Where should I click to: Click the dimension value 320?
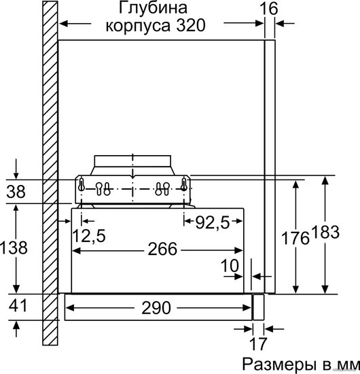(x=190, y=25)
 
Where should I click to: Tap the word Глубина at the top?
(x=152, y=8)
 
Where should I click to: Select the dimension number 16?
(x=268, y=9)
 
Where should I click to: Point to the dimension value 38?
(x=16, y=191)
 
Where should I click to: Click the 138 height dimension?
(x=14, y=248)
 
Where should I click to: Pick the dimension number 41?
(x=18, y=305)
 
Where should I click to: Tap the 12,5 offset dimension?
(x=89, y=236)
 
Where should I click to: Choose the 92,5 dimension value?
(x=213, y=223)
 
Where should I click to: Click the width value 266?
(x=162, y=249)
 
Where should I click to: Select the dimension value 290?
(x=156, y=307)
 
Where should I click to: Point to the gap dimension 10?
(x=230, y=265)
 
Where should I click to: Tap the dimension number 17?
(x=258, y=343)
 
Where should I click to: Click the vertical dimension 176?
(x=295, y=238)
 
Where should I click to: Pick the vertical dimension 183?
(x=325, y=232)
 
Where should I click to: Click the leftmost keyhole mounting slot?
(x=82, y=184)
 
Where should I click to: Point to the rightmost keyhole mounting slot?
(x=183, y=184)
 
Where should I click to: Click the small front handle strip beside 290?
(x=258, y=307)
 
